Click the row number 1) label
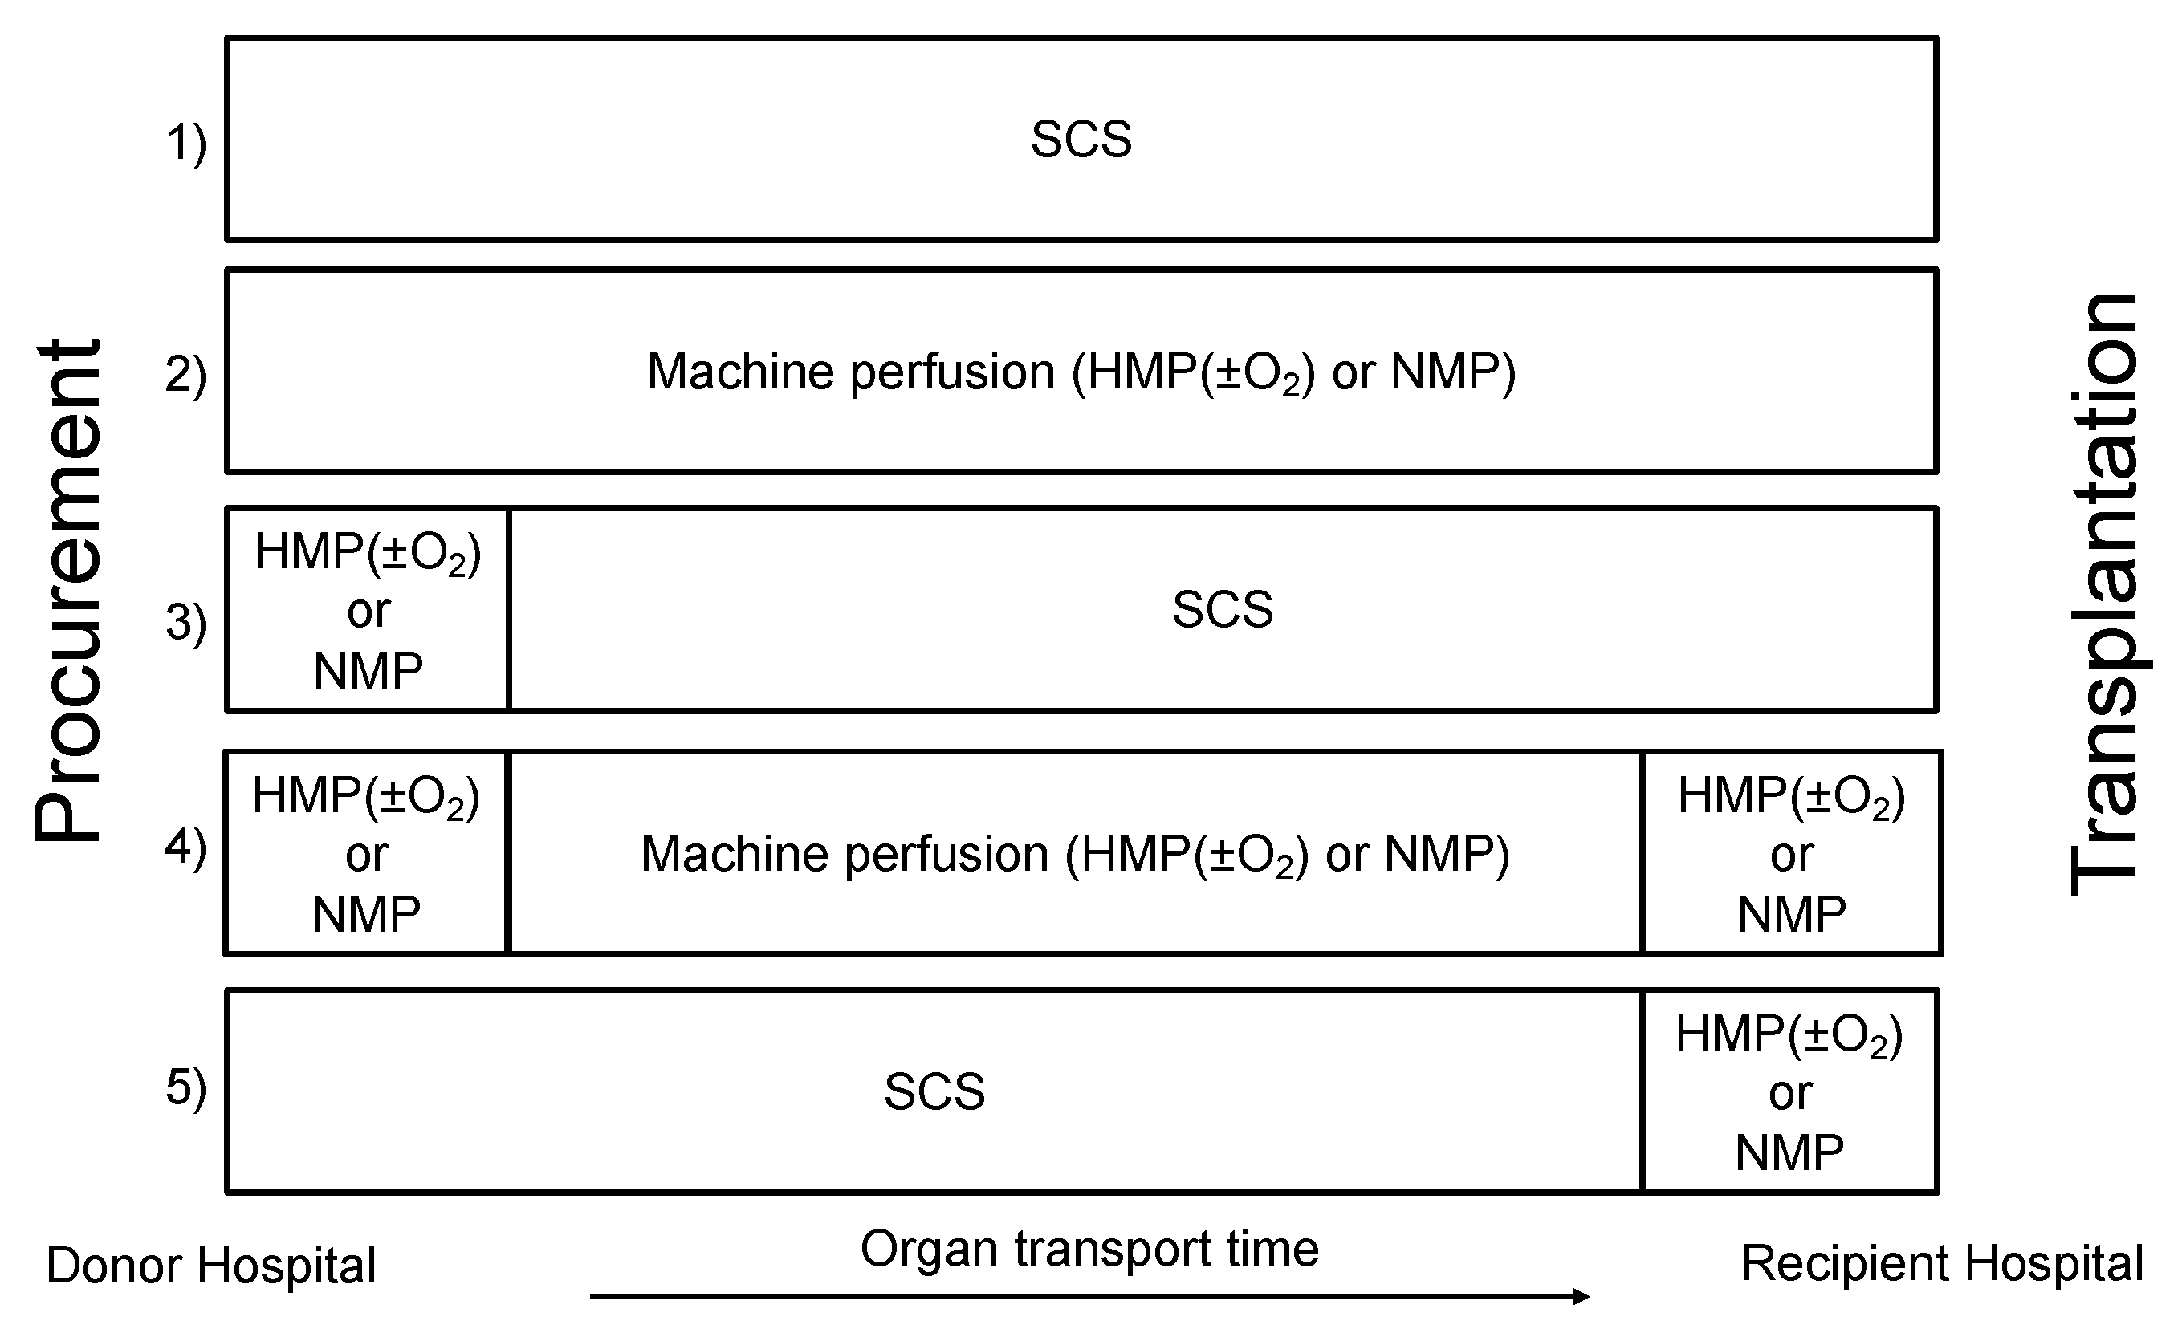pos(186,143)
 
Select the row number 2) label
pos(186,374)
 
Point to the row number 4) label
pos(186,847)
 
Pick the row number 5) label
pos(186,1087)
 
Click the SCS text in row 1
pos(1081,139)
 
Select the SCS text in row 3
pos(1222,609)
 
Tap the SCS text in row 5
pos(934,1091)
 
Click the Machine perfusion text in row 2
pos(1081,372)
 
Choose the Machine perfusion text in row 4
pos(1075,855)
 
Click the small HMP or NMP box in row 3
pos(368,610)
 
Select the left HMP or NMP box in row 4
pos(366,854)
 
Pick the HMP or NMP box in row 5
pos(1789,1091)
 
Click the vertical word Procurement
pos(68,591)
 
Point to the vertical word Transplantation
pos(2105,595)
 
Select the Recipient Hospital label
pos(1942,1262)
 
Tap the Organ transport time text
pos(1089,1249)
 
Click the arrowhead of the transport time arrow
pos(1581,1296)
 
